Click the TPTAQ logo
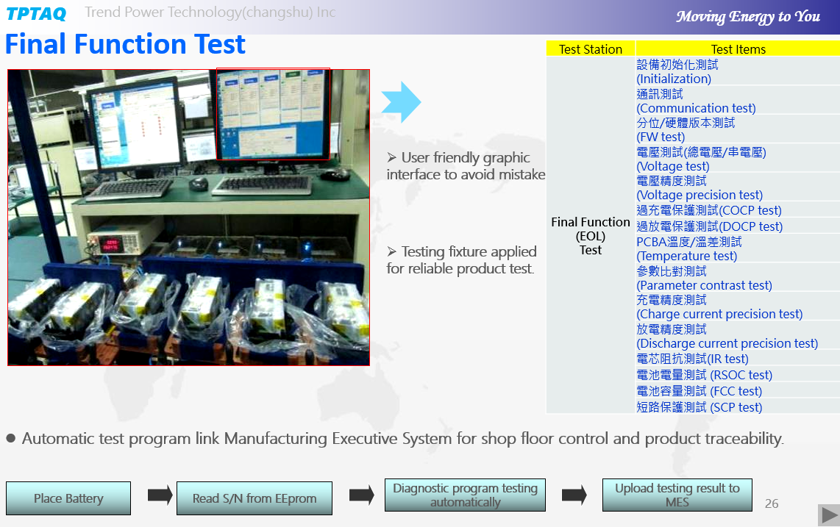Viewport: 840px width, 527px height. (36, 13)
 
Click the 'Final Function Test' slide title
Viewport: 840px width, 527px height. (125, 44)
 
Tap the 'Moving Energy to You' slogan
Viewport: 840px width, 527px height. (748, 17)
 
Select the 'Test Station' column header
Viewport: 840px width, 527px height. (591, 49)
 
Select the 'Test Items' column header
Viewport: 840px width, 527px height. (738, 49)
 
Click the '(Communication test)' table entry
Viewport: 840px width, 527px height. (696, 108)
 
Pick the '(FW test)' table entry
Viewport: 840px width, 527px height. (661, 137)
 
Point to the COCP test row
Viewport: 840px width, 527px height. (709, 210)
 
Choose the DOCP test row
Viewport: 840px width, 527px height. (709, 226)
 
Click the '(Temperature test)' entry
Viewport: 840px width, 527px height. (687, 256)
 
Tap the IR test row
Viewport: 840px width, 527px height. (692, 359)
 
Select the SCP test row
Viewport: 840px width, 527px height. (699, 407)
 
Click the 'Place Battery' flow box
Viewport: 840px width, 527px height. (68, 498)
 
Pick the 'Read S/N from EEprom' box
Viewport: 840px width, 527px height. (255, 498)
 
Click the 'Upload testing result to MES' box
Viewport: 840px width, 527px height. (677, 495)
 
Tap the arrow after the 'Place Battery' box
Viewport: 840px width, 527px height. (160, 495)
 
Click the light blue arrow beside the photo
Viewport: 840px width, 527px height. (402, 101)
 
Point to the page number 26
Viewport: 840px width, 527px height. (772, 503)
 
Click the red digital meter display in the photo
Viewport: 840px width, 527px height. (111, 244)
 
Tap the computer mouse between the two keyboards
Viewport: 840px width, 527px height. (198, 183)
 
